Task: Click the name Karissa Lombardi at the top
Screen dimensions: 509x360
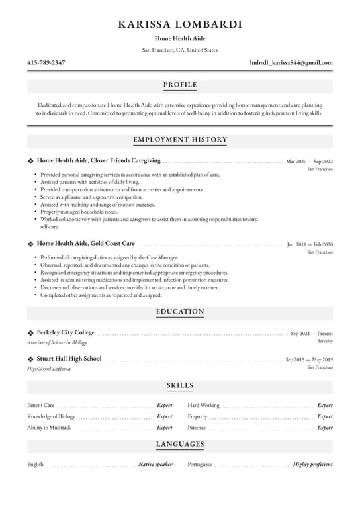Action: pos(180,24)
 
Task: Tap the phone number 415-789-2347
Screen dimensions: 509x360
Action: pos(46,63)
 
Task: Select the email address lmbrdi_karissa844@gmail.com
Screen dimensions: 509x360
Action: pos(291,63)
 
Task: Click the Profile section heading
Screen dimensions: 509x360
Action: pos(180,85)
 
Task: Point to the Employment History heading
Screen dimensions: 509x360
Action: pos(180,140)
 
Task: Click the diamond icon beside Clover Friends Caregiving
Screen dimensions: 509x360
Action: pos(30,161)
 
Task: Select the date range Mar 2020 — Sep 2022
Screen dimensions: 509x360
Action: pos(309,161)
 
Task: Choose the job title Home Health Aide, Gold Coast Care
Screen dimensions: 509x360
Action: pos(86,244)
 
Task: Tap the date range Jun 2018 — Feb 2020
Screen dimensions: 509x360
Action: pos(310,244)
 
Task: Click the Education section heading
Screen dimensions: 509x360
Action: pos(180,312)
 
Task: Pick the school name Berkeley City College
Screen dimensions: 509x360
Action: pos(66,332)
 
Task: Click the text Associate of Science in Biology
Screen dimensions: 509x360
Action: pos(57,343)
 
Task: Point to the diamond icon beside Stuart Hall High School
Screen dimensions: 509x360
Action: pos(30,359)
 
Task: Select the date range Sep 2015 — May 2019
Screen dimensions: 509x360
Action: pos(309,359)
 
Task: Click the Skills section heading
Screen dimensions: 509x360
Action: pos(180,385)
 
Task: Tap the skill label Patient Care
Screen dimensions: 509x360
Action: pos(40,405)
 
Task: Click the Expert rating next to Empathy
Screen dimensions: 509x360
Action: pos(324,417)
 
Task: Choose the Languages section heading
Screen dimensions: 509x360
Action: pos(180,444)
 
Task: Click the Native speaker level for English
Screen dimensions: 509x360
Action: pos(156,465)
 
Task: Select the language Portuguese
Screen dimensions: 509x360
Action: pos(200,465)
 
